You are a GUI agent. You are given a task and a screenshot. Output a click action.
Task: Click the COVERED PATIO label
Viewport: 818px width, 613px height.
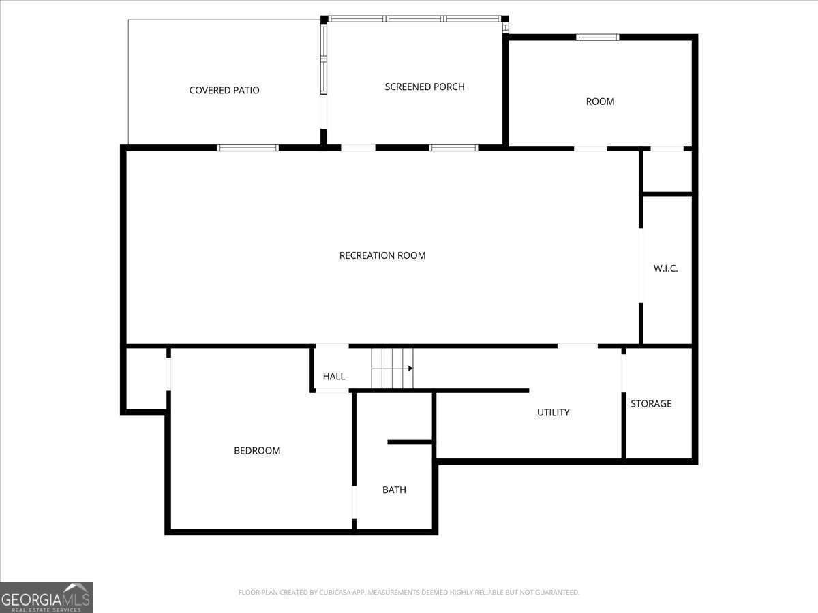coord(224,90)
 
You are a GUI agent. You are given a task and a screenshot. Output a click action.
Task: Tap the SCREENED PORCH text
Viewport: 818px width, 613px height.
coord(425,87)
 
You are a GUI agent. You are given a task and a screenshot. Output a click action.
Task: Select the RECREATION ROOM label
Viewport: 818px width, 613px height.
coord(382,255)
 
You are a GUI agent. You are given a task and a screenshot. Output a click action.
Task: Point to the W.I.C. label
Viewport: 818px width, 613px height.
coord(665,268)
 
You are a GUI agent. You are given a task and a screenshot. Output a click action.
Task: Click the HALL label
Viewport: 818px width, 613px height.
coord(334,376)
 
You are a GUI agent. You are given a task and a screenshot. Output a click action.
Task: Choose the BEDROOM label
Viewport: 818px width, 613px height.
coord(257,451)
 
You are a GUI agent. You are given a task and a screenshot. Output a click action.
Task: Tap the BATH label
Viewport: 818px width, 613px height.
coord(394,490)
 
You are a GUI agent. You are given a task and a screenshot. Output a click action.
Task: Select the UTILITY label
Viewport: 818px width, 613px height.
coord(554,412)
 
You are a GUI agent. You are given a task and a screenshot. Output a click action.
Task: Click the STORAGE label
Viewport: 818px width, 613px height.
coord(651,403)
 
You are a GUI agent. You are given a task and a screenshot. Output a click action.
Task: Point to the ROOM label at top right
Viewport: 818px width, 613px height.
coord(600,101)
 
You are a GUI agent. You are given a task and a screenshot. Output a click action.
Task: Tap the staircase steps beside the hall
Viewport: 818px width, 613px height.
coord(393,368)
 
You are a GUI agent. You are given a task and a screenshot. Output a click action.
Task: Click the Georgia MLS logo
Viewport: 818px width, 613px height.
coord(46,597)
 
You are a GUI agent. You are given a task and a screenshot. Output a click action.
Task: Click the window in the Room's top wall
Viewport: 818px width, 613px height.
coord(597,37)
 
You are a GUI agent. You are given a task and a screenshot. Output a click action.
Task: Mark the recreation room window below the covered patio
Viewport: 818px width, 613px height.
coord(248,148)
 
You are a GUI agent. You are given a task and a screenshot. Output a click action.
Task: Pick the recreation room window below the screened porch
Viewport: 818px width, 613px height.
coord(453,148)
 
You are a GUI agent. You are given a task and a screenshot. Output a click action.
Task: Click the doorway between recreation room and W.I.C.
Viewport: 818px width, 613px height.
coord(641,266)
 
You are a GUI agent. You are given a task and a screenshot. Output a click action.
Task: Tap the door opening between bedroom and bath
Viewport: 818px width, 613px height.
coord(354,502)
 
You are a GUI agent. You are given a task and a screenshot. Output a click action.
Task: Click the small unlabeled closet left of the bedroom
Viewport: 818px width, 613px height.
coord(146,379)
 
